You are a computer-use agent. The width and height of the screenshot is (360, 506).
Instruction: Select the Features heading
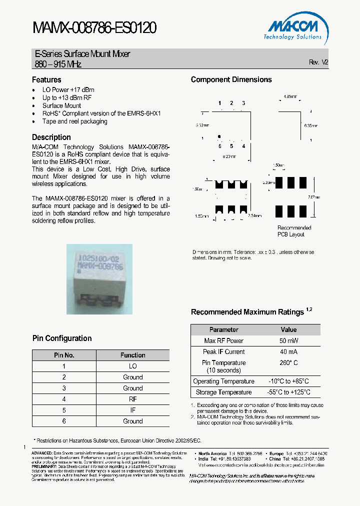point(46,79)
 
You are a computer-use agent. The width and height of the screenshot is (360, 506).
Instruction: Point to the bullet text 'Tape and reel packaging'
point(74,121)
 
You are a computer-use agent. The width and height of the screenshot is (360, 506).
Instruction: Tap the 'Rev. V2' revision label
point(318,62)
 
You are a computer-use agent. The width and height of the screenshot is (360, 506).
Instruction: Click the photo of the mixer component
point(99,279)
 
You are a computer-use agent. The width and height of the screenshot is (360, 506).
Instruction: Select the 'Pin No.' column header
point(64,355)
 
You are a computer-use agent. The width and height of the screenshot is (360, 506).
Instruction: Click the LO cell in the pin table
point(132,366)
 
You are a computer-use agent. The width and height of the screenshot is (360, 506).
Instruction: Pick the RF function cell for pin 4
point(132,399)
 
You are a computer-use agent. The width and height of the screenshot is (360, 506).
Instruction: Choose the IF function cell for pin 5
point(132,410)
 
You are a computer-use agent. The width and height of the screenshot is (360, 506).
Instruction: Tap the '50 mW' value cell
point(288,340)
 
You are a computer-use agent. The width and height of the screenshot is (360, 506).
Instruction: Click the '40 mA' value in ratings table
point(288,351)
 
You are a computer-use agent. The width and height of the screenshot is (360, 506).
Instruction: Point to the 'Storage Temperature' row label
point(223,392)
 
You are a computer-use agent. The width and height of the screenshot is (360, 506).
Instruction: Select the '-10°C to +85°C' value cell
point(288,381)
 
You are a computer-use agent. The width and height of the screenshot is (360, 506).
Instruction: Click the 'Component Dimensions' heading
point(231,79)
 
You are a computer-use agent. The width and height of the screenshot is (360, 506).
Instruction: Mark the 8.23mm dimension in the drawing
point(230,157)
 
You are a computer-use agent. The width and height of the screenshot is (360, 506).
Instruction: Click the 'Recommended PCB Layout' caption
point(294,231)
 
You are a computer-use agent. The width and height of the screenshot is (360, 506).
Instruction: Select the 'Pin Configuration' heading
point(62,338)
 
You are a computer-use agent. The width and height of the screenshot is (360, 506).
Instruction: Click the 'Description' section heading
point(51,137)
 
